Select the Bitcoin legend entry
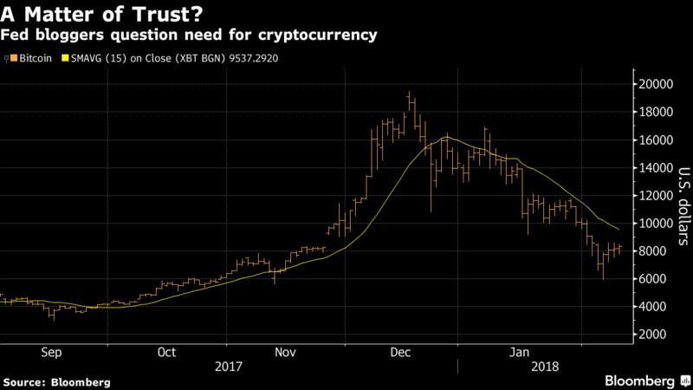pyautogui.click(x=31, y=58)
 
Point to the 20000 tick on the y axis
pyautogui.click(x=655, y=84)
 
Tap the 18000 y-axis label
pyautogui.click(x=655, y=112)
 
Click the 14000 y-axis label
pyautogui.click(x=655, y=167)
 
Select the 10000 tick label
pyautogui.click(x=655, y=223)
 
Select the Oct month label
pyautogui.click(x=167, y=353)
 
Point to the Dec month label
pyautogui.click(x=401, y=353)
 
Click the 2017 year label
pyautogui.click(x=226, y=367)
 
